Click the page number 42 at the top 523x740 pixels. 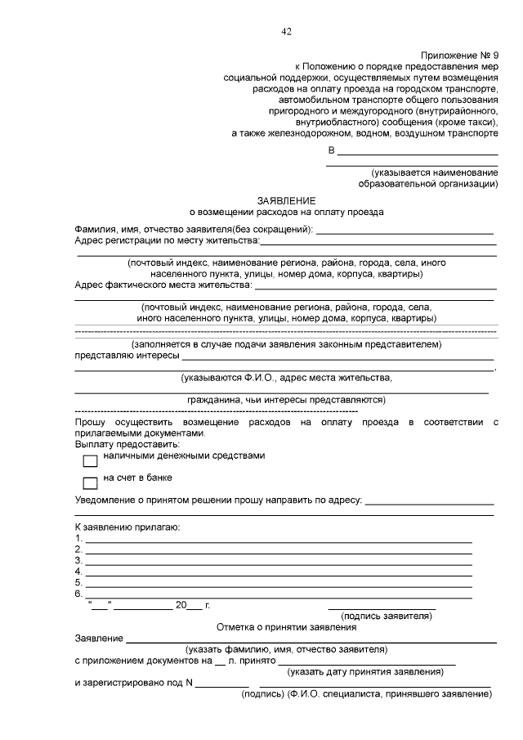click(x=286, y=32)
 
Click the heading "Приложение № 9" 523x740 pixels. click(x=459, y=54)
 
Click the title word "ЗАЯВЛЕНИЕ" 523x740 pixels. click(x=286, y=200)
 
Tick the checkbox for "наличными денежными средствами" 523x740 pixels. click(x=90, y=460)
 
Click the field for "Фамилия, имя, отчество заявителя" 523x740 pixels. click(x=405, y=232)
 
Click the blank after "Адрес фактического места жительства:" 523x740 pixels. click(x=376, y=288)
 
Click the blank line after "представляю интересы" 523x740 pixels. click(x=337, y=358)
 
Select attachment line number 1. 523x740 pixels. click(x=278, y=540)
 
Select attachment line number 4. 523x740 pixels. click(x=278, y=572)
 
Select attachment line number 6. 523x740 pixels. click(x=278, y=594)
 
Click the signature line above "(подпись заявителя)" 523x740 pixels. click(x=382, y=608)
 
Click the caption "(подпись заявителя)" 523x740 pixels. click(x=387, y=617)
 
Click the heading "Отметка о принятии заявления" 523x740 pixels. click(x=286, y=627)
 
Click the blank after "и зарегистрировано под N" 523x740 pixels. click(x=221, y=684)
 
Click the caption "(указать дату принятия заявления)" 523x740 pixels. click(x=365, y=671)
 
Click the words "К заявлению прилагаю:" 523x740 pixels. click(x=127, y=527)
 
